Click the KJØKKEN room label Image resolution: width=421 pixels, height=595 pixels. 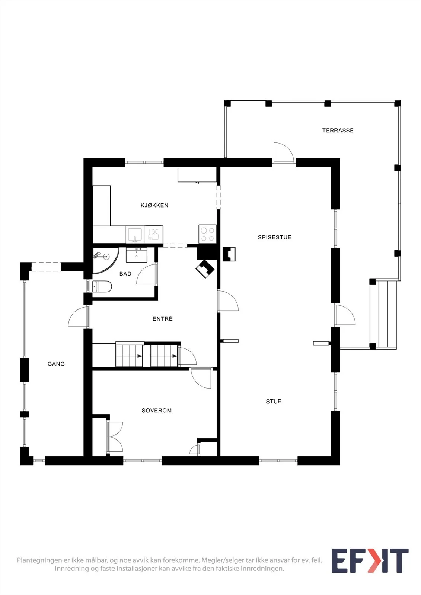coord(154,205)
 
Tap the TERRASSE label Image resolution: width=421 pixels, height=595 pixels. coord(338,131)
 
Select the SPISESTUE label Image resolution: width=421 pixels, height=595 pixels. coord(274,237)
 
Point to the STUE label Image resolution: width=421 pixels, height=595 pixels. coord(274,401)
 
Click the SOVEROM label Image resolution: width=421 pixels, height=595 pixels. coord(157,411)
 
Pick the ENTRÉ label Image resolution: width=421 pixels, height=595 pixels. coord(163,318)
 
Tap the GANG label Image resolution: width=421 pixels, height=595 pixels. coord(56,364)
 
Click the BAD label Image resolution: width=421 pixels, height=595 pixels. coord(125,274)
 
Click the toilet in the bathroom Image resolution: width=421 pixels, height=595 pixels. coord(102,287)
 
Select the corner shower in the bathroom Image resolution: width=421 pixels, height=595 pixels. coord(105,260)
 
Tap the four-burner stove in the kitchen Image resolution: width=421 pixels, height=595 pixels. coord(207,234)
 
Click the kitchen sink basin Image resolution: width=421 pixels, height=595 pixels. coord(135,234)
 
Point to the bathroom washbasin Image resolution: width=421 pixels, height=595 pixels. coord(137,255)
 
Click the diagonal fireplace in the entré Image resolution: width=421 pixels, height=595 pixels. coord(205,269)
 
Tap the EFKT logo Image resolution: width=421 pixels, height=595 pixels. coord(370,560)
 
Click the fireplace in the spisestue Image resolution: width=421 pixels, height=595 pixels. coord(229,254)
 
